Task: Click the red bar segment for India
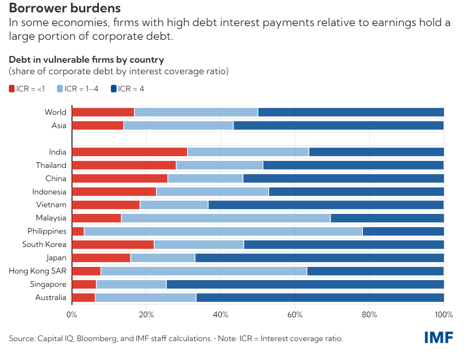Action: [129, 152]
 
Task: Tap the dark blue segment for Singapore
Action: [305, 285]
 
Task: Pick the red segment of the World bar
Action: [103, 112]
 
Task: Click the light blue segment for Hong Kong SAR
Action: [204, 271]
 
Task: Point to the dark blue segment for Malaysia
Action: [387, 218]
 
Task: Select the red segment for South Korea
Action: [113, 245]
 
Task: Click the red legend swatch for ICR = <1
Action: [12, 89]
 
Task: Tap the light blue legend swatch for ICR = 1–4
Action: [60, 89]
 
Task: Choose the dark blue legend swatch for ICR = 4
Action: [114, 89]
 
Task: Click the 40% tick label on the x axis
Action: [220, 315]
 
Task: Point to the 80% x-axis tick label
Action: [369, 315]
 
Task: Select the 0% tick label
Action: [72, 315]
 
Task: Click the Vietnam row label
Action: [51, 205]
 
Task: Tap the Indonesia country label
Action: [49, 192]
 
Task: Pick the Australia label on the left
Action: [51, 298]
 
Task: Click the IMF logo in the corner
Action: [439, 338]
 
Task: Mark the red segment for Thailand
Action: [124, 165]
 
